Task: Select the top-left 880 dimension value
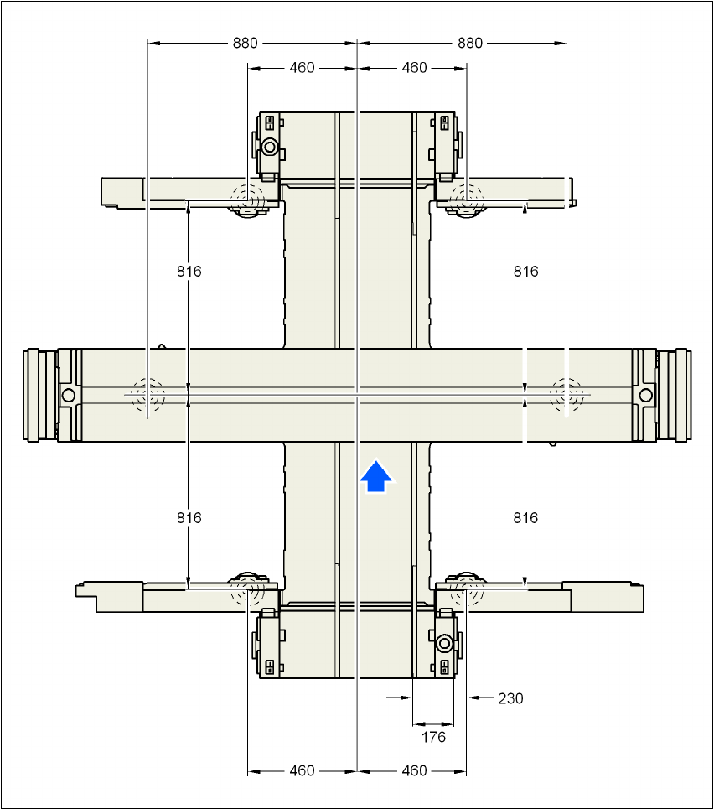246,43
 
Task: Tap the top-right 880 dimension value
470,43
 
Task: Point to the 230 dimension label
510,698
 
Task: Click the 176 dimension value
433,737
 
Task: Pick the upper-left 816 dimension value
189,271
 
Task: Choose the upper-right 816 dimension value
525,271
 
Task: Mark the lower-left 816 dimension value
189,518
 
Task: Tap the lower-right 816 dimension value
525,518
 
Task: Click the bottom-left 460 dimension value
302,770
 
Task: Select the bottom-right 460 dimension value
414,770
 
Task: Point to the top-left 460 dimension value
302,67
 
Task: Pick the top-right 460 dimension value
414,67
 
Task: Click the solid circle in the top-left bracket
269,148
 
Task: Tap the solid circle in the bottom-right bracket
443,644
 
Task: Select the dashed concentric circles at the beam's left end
147,393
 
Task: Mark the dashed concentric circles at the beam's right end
567,393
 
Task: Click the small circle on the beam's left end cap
69,394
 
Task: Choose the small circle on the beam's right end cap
645,394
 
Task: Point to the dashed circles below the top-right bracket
466,200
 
